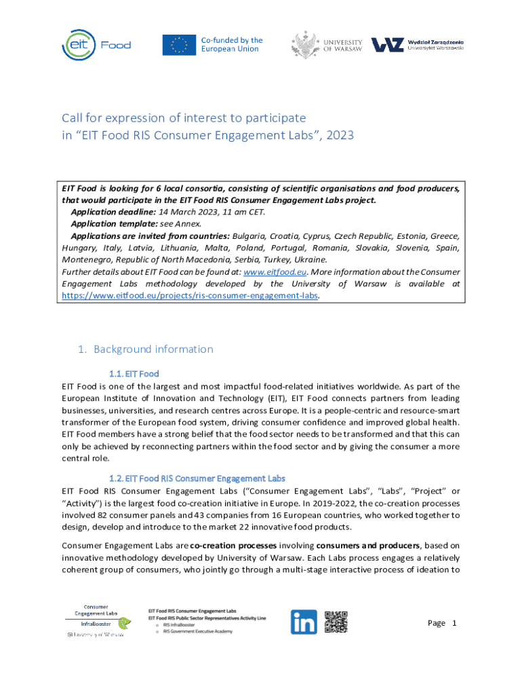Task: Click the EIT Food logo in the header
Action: click(96, 45)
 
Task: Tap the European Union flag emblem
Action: click(179, 45)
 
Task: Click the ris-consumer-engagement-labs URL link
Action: click(189, 296)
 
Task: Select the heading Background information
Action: click(153, 349)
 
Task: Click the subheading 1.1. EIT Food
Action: click(134, 373)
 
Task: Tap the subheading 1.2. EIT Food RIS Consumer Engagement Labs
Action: click(197, 478)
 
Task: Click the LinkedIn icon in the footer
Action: click(304, 622)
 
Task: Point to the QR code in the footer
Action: click(336, 622)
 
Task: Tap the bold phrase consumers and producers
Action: click(369, 545)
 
